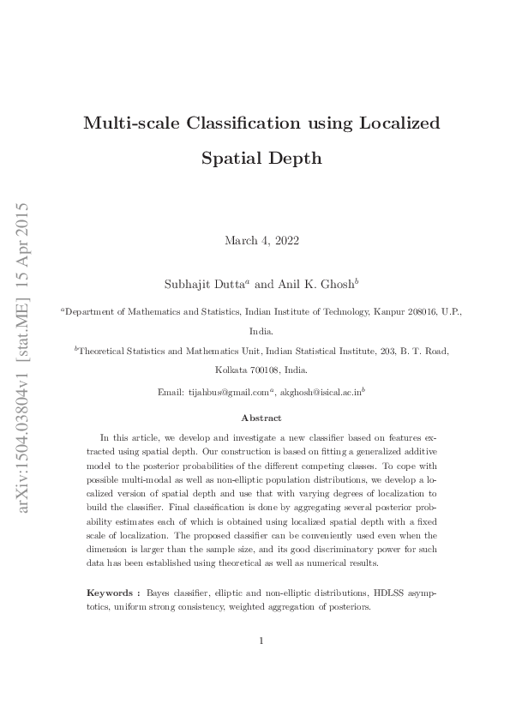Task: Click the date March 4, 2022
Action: click(x=255, y=241)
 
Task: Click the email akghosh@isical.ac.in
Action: click(x=321, y=392)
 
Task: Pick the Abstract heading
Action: click(x=261, y=418)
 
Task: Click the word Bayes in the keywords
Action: click(x=159, y=593)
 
